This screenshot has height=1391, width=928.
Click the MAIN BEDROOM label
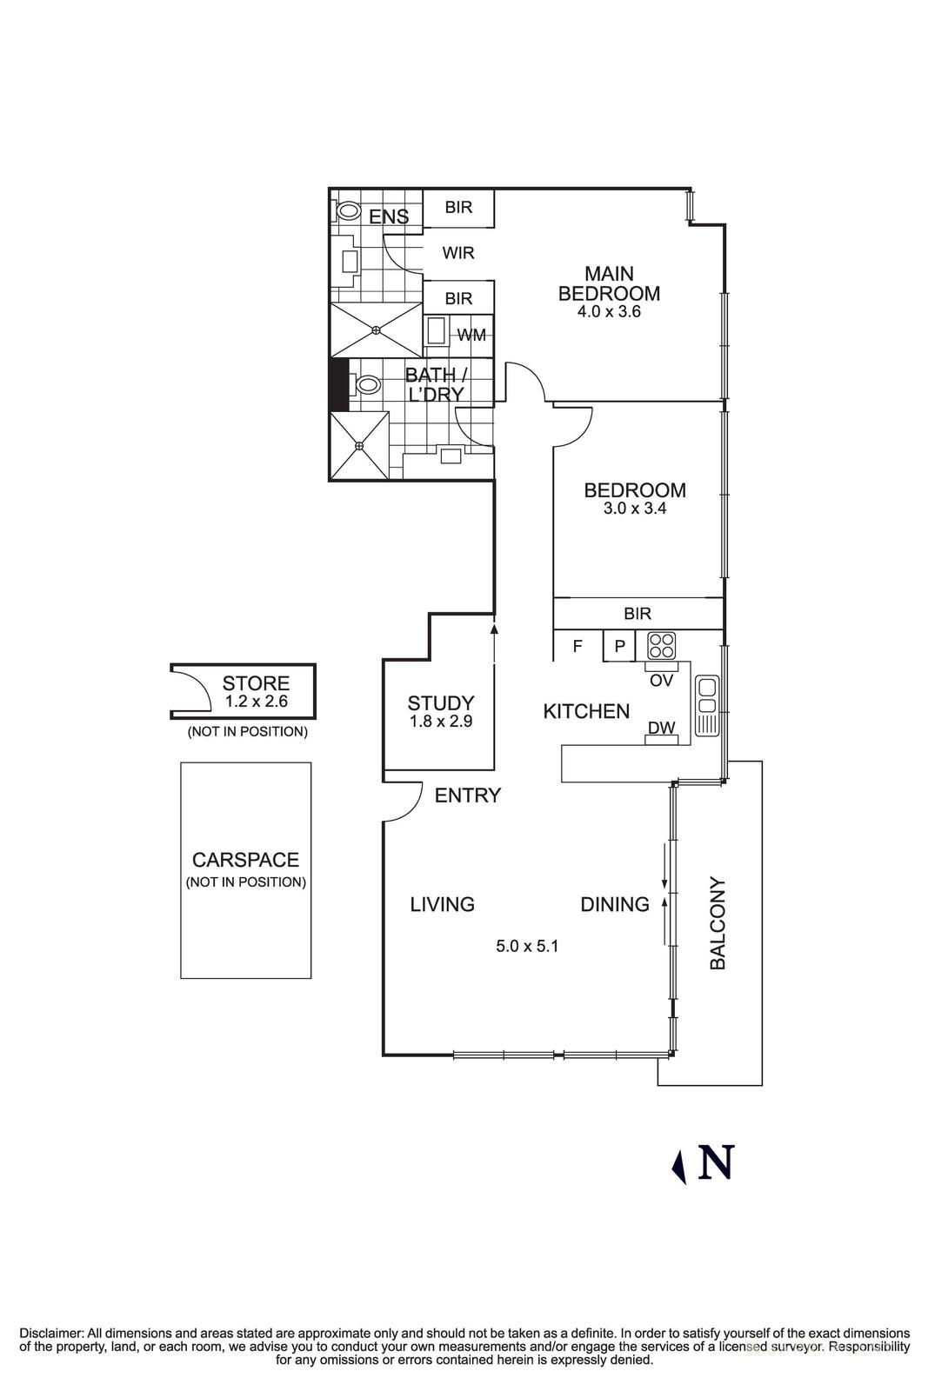coord(609,283)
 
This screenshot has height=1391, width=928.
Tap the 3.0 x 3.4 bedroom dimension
coord(635,509)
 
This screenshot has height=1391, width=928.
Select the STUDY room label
coord(441,702)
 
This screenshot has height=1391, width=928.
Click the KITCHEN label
coord(586,711)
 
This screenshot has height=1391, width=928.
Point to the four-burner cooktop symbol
coord(662,645)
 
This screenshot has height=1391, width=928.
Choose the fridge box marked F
coord(577,646)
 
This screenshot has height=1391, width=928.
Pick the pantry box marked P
coord(620,646)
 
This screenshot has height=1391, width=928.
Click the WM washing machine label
coord(471,335)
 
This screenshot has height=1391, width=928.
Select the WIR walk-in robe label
coord(458,253)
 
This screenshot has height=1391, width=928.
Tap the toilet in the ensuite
coord(349,210)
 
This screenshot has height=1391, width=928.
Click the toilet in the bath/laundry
coord(367,384)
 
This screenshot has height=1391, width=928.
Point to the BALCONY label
coord(718,923)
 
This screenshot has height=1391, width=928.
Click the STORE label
coord(256,683)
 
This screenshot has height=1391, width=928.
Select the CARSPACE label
coord(245,860)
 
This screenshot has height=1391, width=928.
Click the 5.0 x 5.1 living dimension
coord(527,946)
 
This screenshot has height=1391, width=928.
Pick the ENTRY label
coord(468,795)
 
